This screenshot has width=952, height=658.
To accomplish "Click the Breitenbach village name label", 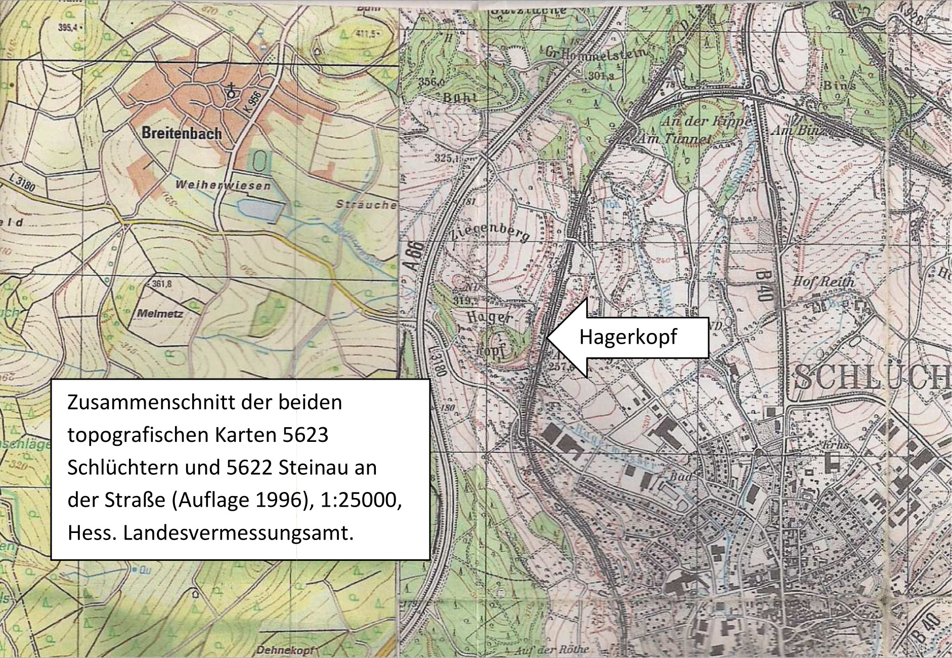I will [x=182, y=134].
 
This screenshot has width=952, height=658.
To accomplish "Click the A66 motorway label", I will [x=415, y=257].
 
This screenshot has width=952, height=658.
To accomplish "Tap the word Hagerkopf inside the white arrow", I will [x=628, y=337].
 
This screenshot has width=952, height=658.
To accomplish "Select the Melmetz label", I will [x=160, y=314].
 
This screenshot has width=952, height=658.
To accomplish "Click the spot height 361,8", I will [x=161, y=284].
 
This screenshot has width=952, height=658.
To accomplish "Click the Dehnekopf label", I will [x=286, y=650].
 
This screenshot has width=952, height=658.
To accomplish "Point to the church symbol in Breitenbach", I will [x=232, y=92].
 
